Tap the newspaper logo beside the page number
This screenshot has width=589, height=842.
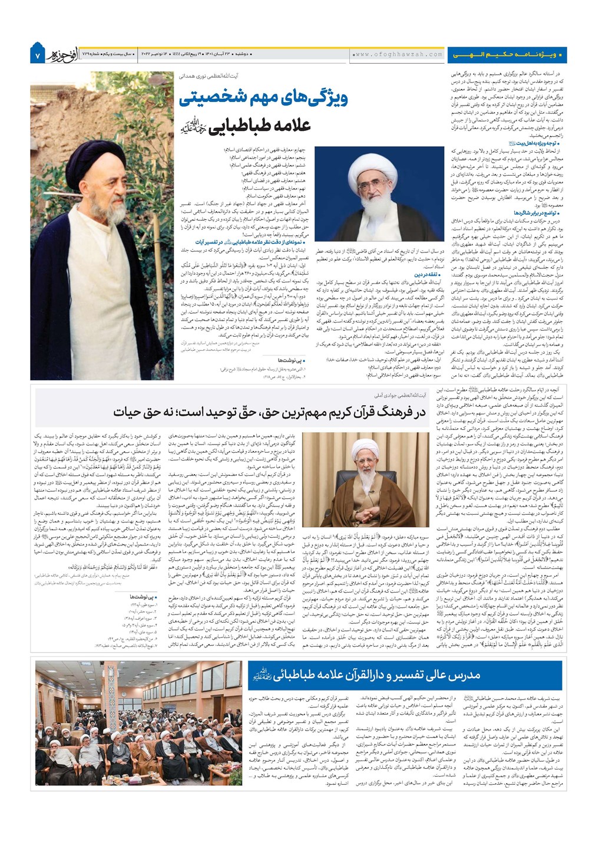59,54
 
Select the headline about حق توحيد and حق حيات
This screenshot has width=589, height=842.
269,412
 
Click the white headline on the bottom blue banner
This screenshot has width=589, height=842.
365,675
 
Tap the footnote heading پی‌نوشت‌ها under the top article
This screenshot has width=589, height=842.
291,359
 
